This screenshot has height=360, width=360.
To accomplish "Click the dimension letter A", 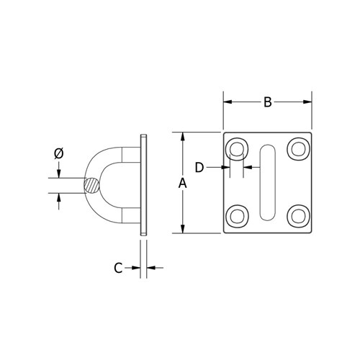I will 182,184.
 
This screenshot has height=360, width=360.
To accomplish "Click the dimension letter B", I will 267,102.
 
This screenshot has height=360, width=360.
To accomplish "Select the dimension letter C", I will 118,268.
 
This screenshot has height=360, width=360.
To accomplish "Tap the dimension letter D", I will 200,167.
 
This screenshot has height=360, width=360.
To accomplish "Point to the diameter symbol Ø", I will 59,153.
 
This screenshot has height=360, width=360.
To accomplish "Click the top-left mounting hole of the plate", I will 237,150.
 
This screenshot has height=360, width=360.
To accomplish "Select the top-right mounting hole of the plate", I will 297,150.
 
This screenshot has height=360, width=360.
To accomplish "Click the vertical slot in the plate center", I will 267,182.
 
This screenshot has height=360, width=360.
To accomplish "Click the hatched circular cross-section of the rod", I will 93,185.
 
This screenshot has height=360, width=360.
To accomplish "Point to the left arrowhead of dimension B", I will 227,102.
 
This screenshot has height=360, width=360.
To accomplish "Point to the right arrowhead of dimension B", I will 308,102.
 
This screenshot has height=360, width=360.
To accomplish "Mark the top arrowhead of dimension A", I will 182,136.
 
